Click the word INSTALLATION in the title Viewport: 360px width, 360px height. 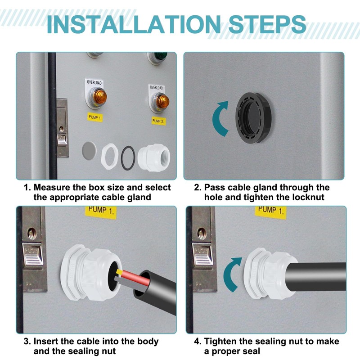pyautogui.click(x=133, y=25)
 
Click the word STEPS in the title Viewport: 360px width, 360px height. pyautogui.click(x=267, y=25)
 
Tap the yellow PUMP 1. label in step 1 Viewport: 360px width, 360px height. pyautogui.click(x=95, y=117)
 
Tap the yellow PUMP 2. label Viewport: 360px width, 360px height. pyautogui.click(x=158, y=121)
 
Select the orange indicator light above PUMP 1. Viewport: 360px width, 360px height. pyautogui.click(x=99, y=97)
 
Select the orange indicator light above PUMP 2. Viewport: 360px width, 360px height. pyautogui.click(x=162, y=102)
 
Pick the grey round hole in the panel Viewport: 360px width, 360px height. pyautogui.click(x=89, y=151)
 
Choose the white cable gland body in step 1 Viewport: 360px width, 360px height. pyautogui.click(x=153, y=157)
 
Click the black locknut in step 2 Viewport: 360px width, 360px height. pyautogui.click(x=253, y=118)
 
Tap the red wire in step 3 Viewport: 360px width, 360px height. pyautogui.click(x=135, y=277)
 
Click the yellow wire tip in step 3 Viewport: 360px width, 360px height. pyautogui.click(x=119, y=272)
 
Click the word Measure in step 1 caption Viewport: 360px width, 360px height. pyautogui.click(x=52, y=187)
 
